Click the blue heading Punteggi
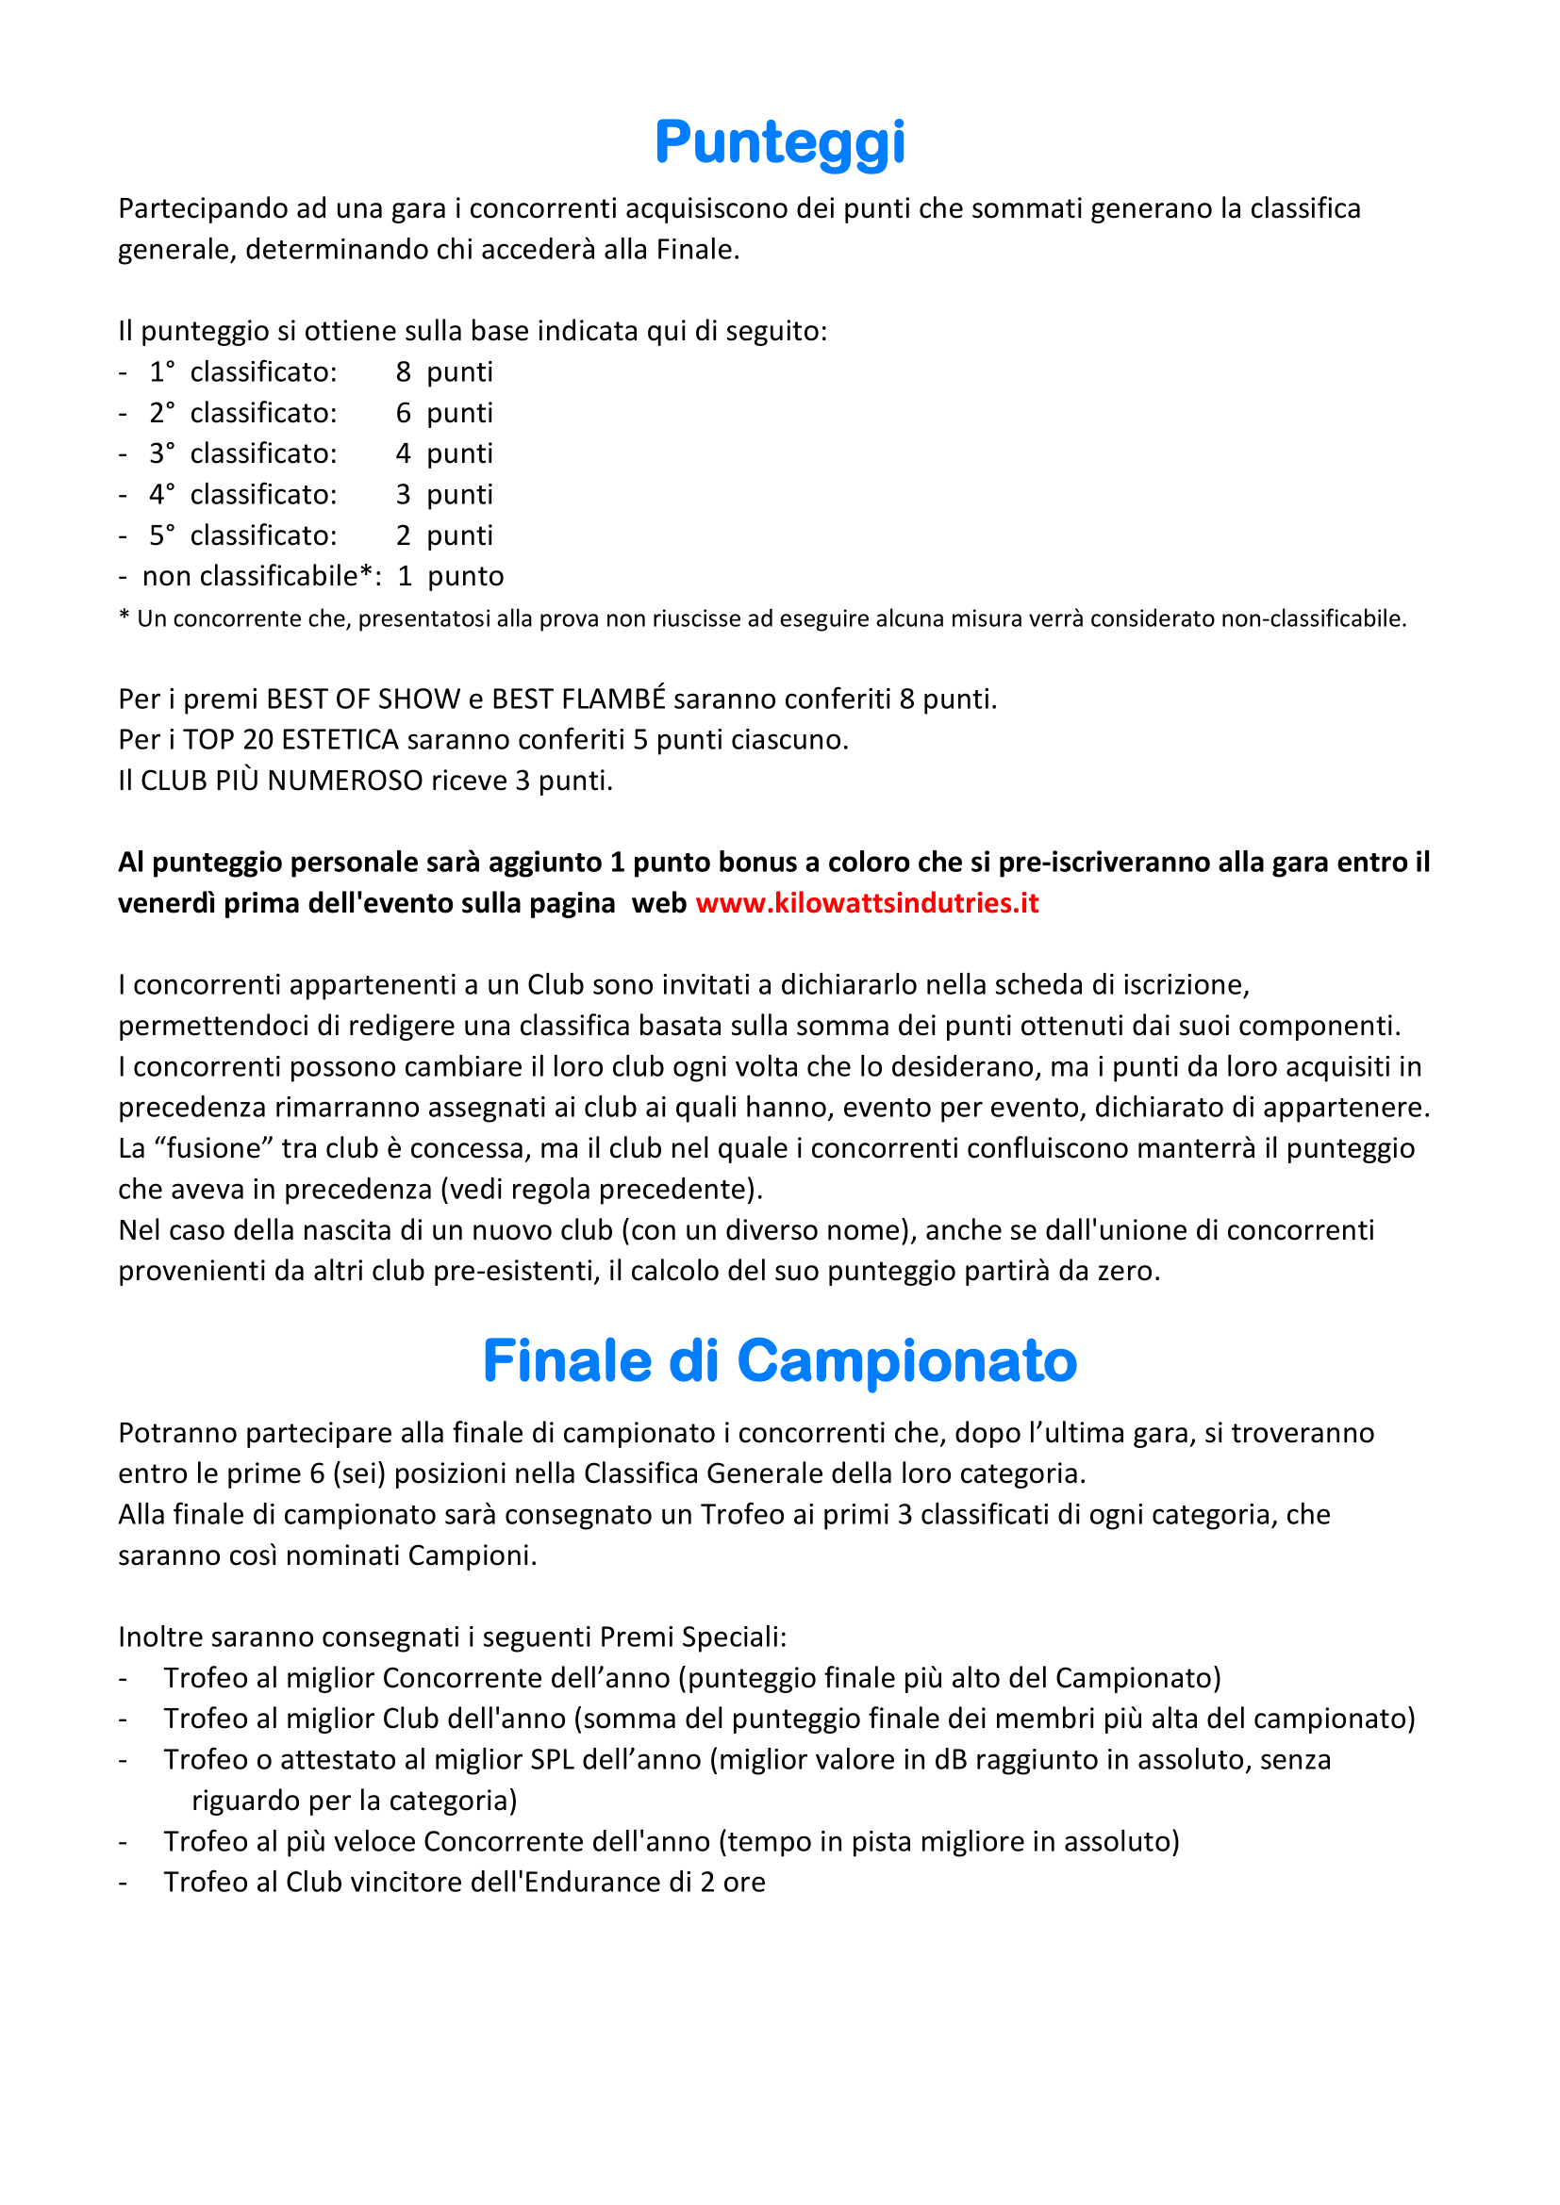[779, 142]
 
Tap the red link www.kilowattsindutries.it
[867, 903]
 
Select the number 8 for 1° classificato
[404, 371]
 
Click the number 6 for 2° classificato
[404, 413]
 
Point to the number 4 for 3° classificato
[404, 453]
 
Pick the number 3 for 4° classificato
[404, 495]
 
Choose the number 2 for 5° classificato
[404, 535]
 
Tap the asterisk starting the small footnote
[124, 617]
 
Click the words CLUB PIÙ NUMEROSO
[281, 781]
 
